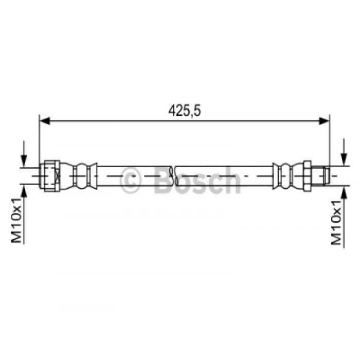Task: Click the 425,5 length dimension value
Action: pos(185,111)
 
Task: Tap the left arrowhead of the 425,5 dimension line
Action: pos(45,121)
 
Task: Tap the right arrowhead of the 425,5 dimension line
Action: pos(325,121)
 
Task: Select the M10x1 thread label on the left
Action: pos(16,220)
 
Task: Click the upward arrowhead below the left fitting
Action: pos(24,191)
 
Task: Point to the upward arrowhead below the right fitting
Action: pos(344,191)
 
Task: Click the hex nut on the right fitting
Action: pos(307,176)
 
